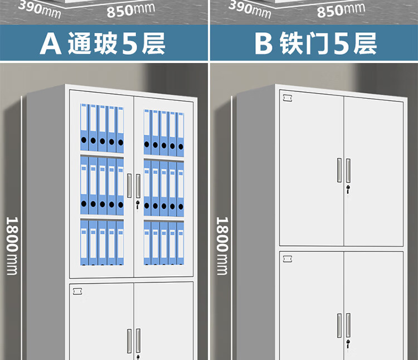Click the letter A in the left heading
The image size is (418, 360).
tap(50, 44)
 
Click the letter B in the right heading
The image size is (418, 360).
tap(263, 44)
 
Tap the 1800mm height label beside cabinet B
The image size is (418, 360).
tap(222, 245)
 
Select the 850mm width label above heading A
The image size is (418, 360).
tap(130, 9)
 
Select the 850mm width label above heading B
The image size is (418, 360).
tap(341, 9)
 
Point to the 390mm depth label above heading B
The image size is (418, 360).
tap(249, 7)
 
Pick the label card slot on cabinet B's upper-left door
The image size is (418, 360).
tap(288, 99)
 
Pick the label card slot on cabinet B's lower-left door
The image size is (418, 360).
tap(288, 259)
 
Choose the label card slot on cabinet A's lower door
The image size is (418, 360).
tap(77, 291)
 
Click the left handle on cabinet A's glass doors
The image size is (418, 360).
tap(129, 186)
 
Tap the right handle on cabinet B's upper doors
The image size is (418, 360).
tap(348, 170)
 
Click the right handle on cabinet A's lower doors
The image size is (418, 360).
tap(138, 340)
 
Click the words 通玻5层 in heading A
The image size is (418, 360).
tap(116, 44)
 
